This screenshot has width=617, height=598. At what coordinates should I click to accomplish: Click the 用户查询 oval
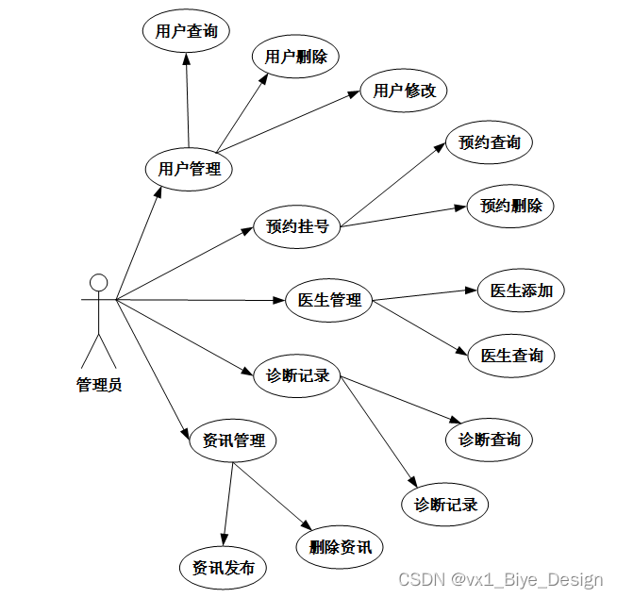186,31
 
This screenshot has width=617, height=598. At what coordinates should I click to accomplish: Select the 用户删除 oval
295,57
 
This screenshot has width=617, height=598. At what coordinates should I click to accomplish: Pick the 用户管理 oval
189,170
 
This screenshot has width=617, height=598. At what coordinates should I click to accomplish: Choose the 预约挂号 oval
297,226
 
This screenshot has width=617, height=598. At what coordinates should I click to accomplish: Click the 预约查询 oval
489,143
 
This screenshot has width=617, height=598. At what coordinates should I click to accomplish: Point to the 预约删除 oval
511,206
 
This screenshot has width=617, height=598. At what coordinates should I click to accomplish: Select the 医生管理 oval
329,300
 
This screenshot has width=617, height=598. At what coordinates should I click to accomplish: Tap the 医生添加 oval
521,291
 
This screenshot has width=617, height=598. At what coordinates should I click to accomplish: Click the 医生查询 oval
511,356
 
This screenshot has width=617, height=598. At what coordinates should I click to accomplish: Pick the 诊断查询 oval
489,440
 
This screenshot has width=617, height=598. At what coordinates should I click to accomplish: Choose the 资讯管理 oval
233,440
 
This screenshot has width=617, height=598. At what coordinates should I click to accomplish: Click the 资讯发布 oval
223,568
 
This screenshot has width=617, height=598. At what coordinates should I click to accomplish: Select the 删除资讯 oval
340,547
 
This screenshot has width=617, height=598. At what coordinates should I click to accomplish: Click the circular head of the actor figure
98,282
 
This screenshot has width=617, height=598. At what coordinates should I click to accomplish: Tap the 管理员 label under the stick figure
98,384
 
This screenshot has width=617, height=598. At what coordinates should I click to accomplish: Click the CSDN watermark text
499,579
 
